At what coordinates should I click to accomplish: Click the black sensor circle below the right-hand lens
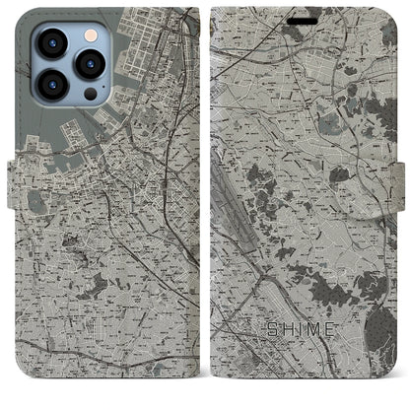(x=89, y=93)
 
